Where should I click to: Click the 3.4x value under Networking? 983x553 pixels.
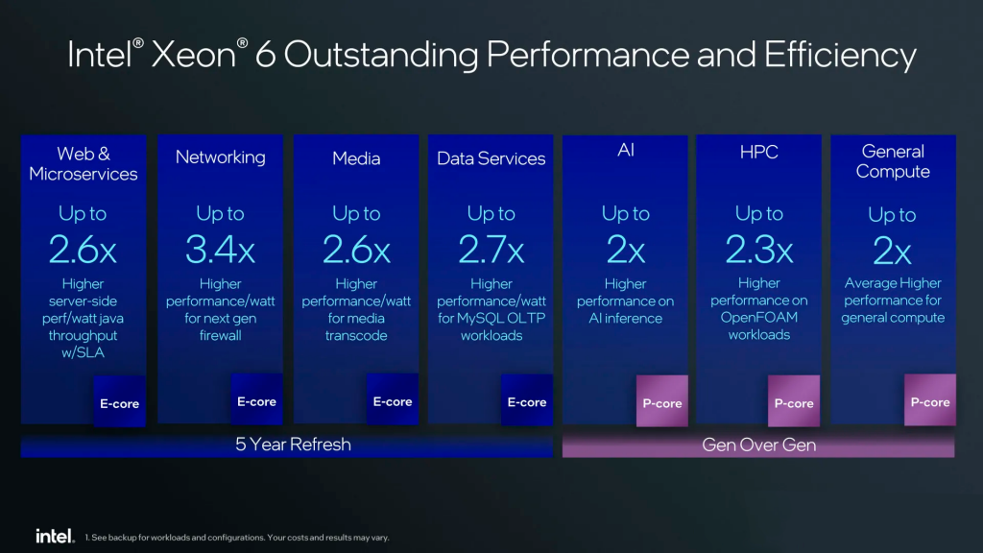click(x=220, y=251)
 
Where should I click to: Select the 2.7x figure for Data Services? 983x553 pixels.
click(x=491, y=251)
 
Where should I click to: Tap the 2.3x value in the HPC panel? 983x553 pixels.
click(x=758, y=250)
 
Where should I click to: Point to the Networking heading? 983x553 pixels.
click(x=220, y=157)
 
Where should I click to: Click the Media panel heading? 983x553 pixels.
click(x=356, y=158)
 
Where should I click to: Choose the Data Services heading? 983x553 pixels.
click(x=491, y=158)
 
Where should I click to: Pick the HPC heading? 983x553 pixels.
click(x=758, y=152)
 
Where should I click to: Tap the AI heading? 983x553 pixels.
click(x=625, y=150)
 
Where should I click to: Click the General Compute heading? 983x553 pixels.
click(x=893, y=161)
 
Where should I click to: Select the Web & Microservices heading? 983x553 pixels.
click(x=84, y=163)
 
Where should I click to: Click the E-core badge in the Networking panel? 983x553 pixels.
click(x=256, y=401)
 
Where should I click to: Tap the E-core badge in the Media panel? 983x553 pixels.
click(x=393, y=401)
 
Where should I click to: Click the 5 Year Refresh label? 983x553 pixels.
click(x=293, y=445)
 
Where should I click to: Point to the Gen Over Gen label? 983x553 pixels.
click(x=758, y=445)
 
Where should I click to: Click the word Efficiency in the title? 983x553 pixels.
click(x=840, y=56)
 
